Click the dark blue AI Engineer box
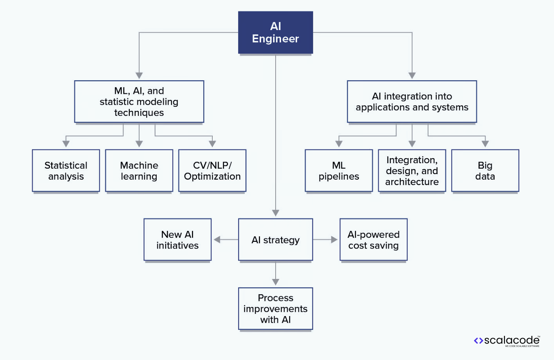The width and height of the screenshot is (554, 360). tap(275, 32)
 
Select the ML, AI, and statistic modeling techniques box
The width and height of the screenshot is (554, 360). tap(139, 102)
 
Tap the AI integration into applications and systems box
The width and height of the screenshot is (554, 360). tap(412, 102)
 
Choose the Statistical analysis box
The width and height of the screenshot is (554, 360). tap(66, 171)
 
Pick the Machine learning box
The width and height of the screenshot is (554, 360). tap(139, 171)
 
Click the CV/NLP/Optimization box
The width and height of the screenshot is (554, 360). tap(212, 171)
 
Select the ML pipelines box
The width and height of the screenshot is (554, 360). tap(339, 171)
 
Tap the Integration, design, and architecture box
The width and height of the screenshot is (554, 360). tap(412, 171)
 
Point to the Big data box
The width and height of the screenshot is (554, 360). tap(485, 171)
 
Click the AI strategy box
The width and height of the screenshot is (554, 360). tap(275, 239)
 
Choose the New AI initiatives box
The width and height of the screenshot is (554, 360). tap(177, 239)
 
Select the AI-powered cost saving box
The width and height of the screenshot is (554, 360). tap(373, 239)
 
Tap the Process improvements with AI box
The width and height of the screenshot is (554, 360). tap(275, 309)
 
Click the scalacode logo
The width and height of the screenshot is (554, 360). tap(507, 341)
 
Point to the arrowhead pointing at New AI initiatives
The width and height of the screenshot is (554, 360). tap(217, 239)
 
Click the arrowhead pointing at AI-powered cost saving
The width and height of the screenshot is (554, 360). tap(334, 239)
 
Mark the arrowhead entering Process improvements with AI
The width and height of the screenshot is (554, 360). tap(276, 282)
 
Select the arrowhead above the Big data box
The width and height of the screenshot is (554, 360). tap(485, 144)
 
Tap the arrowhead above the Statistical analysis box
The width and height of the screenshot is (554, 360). tap(66, 144)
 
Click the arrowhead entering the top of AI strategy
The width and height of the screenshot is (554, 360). tap(276, 213)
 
